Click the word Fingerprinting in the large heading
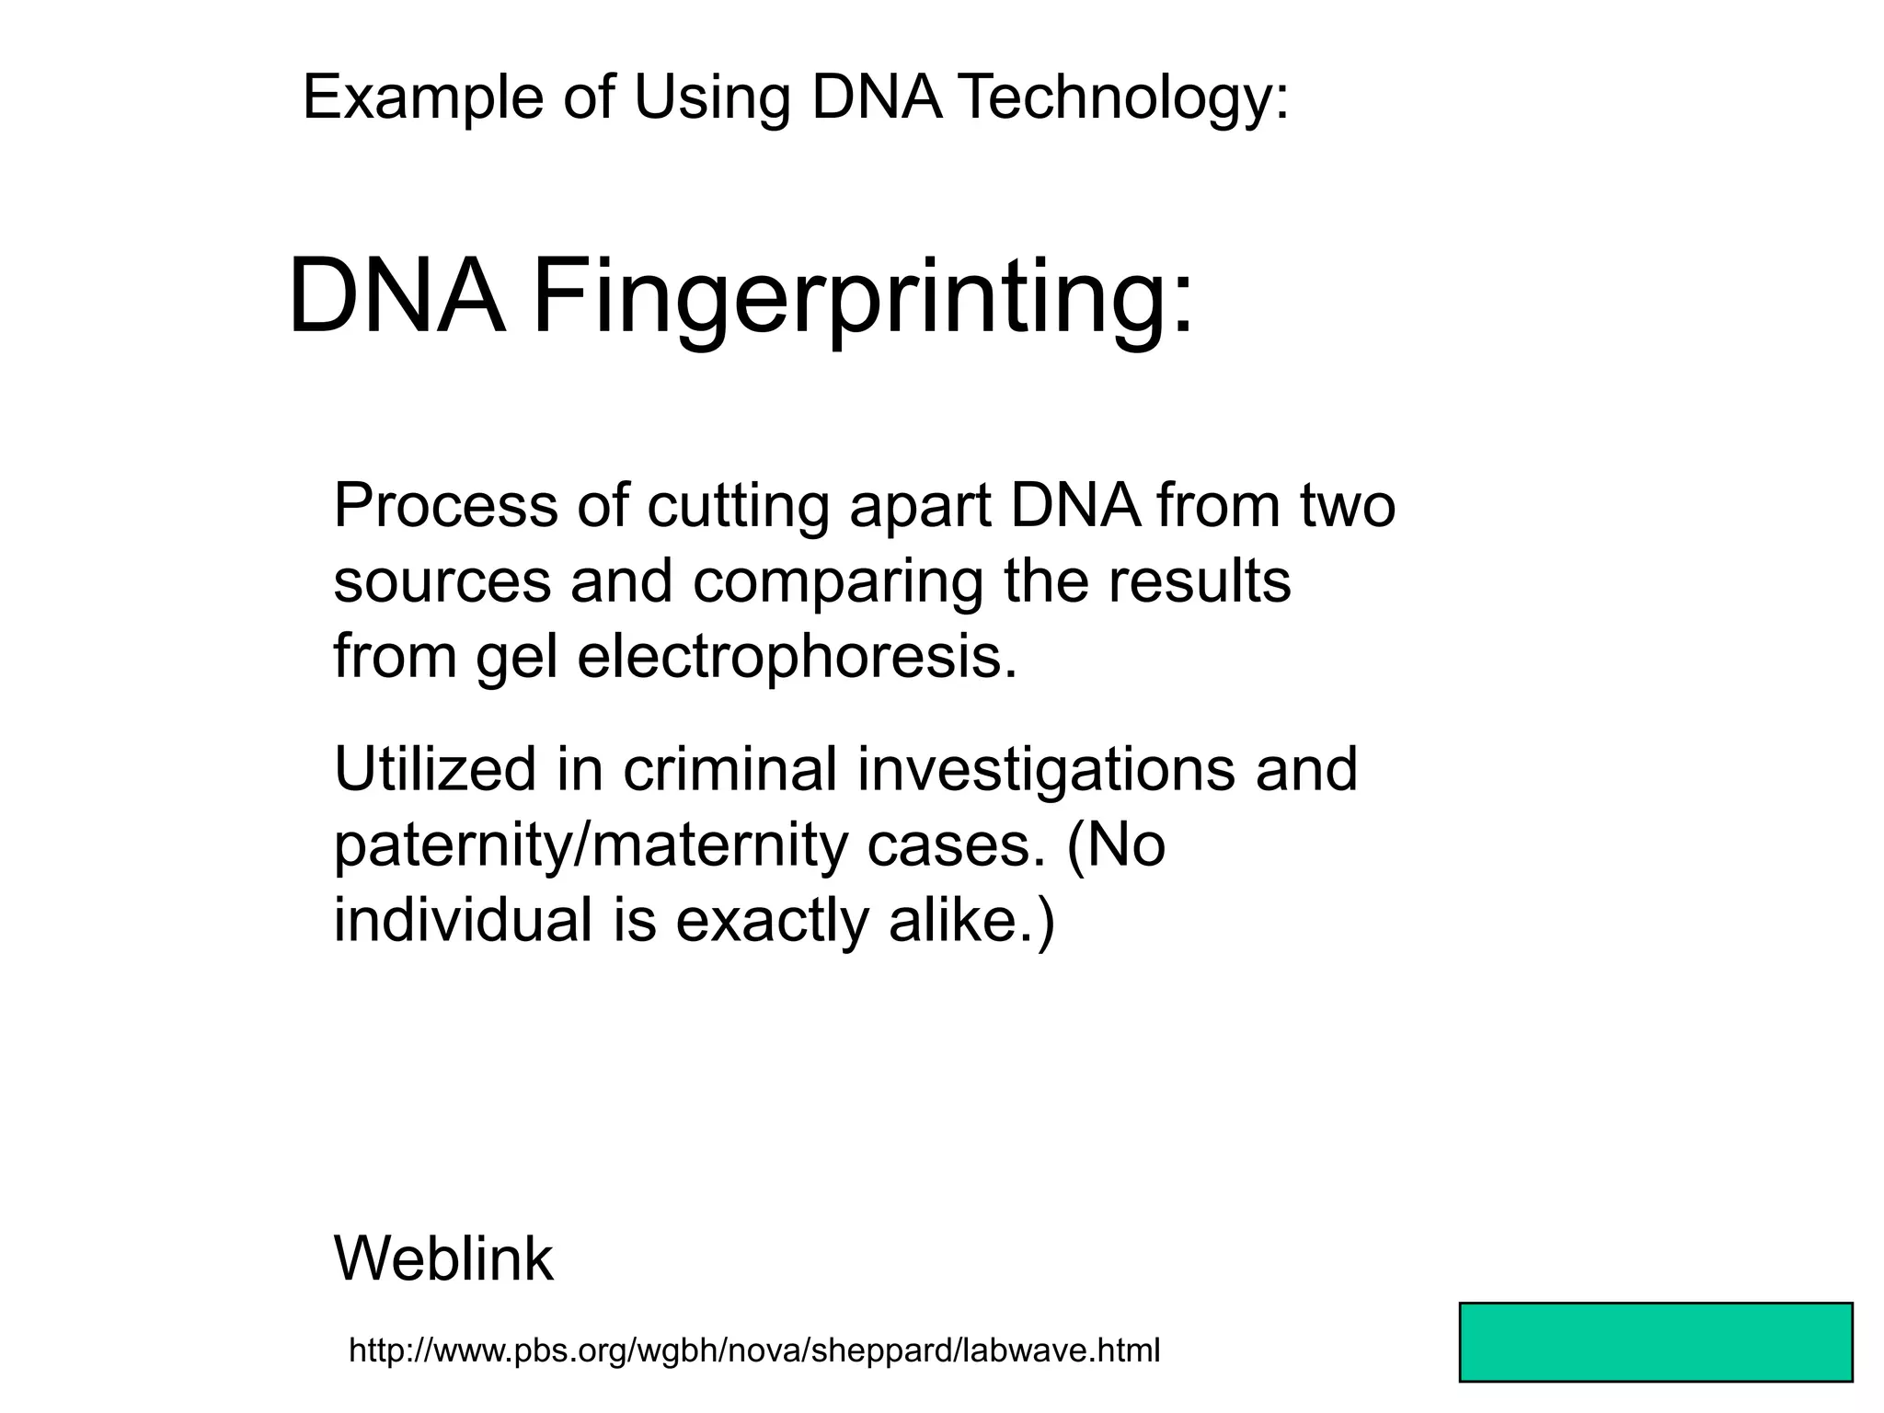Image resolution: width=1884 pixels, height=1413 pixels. [x=863, y=300]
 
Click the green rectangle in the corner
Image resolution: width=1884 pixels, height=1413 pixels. [x=1655, y=1341]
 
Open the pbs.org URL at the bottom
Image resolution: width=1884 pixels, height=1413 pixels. [x=754, y=1350]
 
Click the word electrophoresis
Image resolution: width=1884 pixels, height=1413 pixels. [x=798, y=657]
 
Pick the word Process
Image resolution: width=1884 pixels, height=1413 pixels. [x=445, y=506]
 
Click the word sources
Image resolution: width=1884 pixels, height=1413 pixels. [x=442, y=581]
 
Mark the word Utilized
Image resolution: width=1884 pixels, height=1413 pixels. [x=434, y=769]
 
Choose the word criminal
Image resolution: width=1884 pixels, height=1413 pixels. [x=730, y=769]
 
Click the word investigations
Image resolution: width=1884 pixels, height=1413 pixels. [x=1046, y=769]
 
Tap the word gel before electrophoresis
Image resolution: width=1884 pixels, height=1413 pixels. [x=517, y=657]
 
